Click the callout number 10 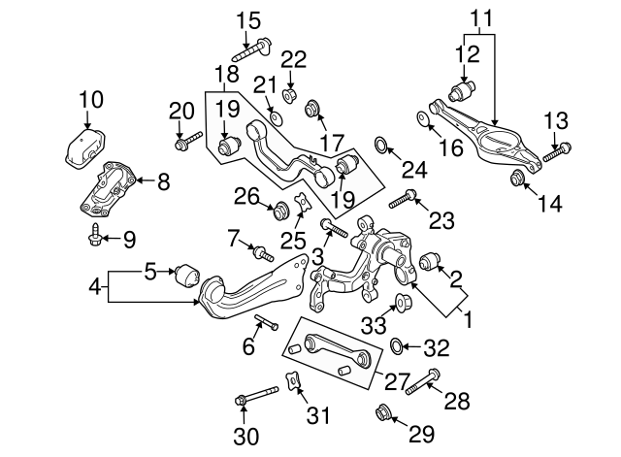tap(89, 98)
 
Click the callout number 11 tap(481, 17)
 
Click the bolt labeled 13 tap(559, 151)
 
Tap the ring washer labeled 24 tap(383, 147)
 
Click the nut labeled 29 tap(382, 415)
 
